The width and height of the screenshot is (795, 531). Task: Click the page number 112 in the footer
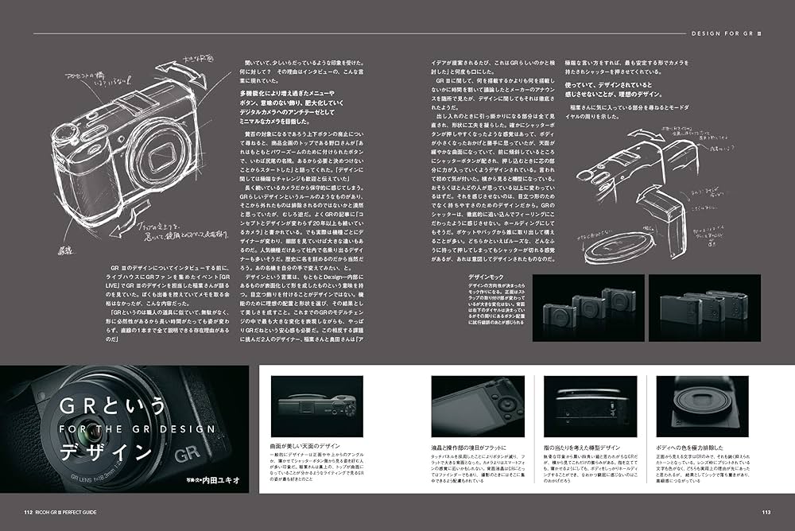point(28,512)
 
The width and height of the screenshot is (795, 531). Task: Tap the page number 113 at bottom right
point(766,512)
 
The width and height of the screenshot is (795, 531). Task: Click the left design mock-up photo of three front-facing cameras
point(589,310)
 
